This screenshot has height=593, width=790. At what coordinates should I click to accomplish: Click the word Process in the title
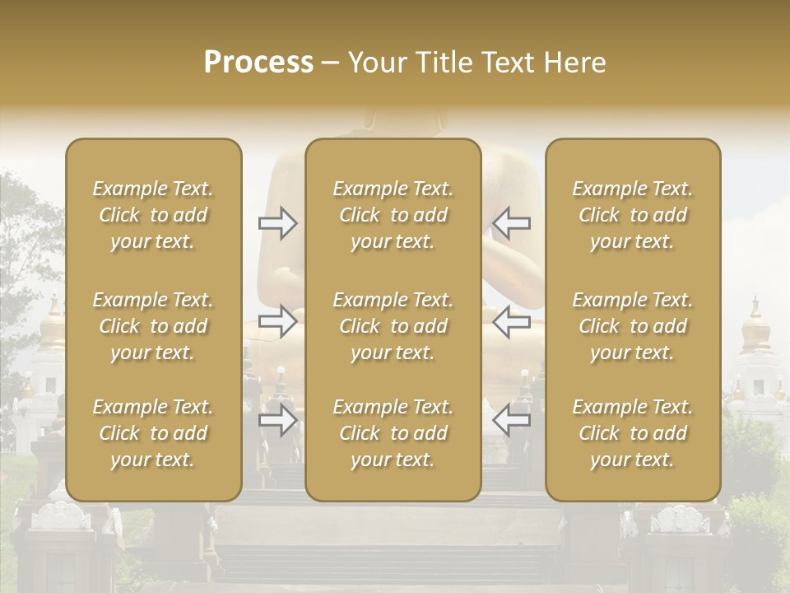[258, 63]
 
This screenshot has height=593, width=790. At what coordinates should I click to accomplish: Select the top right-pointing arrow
[278, 223]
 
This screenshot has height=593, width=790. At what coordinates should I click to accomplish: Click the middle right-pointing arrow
[278, 321]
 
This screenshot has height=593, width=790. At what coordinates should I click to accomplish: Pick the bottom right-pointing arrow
[278, 420]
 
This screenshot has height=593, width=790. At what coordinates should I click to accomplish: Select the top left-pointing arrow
[511, 223]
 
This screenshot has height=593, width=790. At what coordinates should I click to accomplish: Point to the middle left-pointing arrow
[511, 321]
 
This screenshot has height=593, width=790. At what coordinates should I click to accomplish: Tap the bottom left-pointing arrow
[511, 420]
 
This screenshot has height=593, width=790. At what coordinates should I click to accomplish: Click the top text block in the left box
[153, 215]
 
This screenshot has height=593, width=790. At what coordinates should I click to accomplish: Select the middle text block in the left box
[153, 326]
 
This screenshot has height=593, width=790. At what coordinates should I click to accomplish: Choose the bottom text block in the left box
[153, 433]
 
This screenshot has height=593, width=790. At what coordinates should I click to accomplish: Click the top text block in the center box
[393, 215]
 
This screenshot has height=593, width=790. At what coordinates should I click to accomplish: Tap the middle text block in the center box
[393, 326]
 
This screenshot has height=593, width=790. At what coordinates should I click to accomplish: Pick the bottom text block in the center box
[393, 433]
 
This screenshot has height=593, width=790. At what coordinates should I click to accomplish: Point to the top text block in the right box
[632, 215]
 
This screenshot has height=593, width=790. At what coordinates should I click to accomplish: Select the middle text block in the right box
[632, 326]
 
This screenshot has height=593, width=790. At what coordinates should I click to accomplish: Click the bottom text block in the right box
[632, 433]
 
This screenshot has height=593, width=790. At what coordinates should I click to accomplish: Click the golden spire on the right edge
[755, 326]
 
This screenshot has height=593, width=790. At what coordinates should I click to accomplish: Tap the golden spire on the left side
[53, 325]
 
